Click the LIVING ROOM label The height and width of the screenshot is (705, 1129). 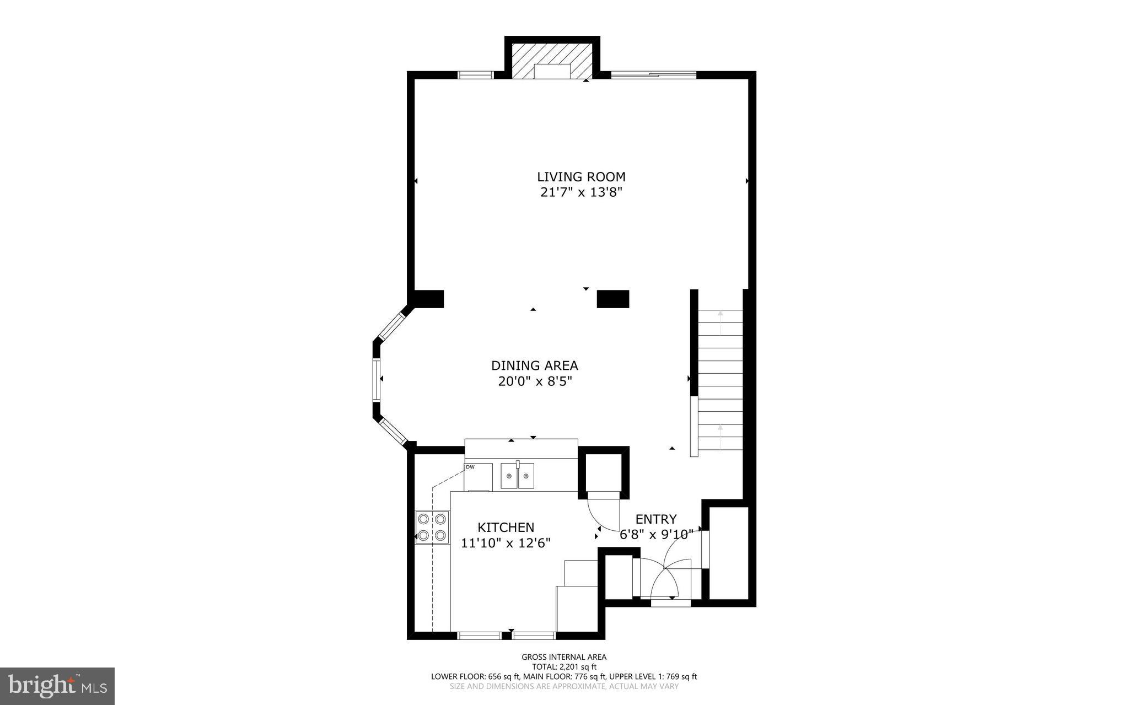[581, 177]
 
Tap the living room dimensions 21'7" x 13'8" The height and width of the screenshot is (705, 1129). [581, 193]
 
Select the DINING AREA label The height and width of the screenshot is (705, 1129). [534, 365]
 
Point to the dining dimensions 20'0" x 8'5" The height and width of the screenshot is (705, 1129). [534, 381]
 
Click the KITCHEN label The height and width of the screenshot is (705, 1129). [506, 528]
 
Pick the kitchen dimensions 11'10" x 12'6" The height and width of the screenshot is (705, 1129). [506, 543]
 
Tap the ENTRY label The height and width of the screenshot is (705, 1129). [655, 519]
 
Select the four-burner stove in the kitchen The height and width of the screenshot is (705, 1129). [432, 527]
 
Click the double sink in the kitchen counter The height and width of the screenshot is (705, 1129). [517, 476]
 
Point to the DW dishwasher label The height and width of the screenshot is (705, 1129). [470, 467]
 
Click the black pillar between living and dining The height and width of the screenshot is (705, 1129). [612, 298]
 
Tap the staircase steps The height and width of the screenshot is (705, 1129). [720, 380]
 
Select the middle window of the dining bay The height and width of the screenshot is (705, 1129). [377, 380]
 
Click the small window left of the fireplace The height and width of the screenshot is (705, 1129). [476, 76]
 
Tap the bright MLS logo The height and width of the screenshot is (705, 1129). [57, 686]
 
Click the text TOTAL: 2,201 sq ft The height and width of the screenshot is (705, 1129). [564, 666]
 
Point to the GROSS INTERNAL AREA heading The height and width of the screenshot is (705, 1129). [564, 656]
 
